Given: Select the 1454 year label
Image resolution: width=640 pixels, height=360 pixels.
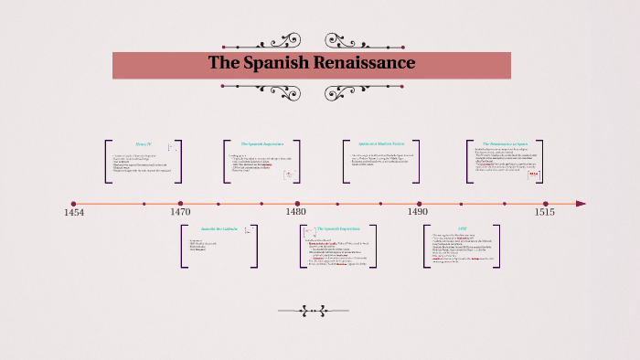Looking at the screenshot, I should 74,212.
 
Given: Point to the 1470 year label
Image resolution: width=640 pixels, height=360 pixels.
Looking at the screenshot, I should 180,212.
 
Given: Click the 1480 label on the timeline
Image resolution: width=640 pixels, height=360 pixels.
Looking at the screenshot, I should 296,212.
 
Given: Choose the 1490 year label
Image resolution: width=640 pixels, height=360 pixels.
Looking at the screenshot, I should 419,212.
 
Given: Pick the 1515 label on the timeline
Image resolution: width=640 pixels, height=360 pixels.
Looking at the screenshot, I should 545,212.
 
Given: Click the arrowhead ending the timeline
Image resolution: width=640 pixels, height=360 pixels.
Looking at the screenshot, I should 581,204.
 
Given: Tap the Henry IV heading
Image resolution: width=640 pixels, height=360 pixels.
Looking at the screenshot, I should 143,144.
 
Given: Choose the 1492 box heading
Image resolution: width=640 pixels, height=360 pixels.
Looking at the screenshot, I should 462,228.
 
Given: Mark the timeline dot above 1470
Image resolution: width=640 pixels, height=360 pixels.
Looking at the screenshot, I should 180,204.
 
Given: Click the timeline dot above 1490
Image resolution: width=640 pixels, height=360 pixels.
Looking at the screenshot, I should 419,204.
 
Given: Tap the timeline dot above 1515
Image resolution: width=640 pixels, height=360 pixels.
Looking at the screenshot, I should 545,204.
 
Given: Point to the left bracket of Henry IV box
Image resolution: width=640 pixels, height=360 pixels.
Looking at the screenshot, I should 107,161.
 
